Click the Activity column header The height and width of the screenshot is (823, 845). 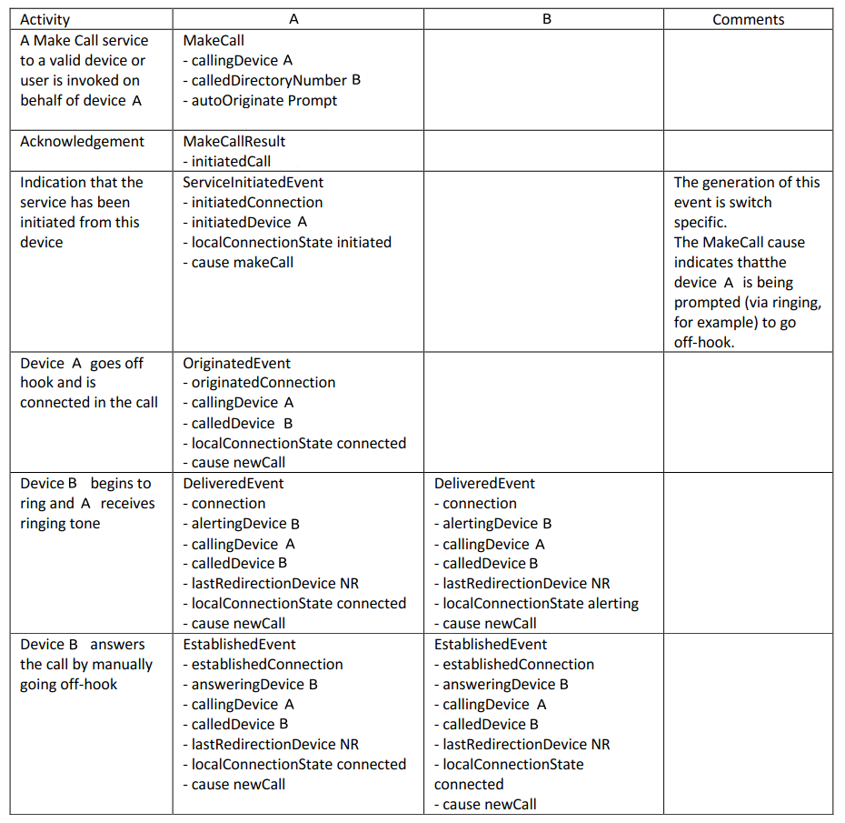[x=45, y=19]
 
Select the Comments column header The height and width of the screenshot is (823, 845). [x=748, y=19]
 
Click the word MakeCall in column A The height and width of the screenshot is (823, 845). [x=214, y=40]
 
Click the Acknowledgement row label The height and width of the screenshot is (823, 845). [x=82, y=141]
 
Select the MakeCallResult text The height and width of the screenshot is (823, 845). [x=234, y=141]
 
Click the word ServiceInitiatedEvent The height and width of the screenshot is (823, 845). [x=253, y=182]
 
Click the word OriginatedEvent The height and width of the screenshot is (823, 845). [x=237, y=363]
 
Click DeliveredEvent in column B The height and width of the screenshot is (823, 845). [x=484, y=483]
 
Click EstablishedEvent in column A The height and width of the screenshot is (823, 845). [x=240, y=644]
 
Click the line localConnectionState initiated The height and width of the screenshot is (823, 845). [x=291, y=242]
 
